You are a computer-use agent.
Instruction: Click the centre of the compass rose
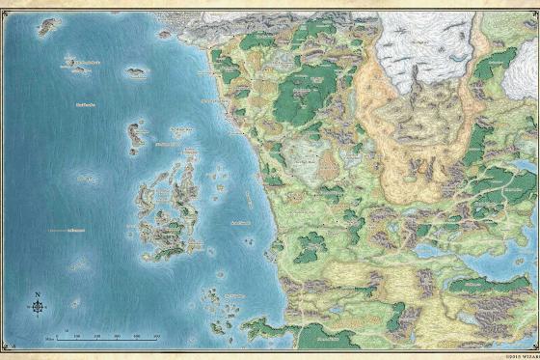pyautogui.click(x=37, y=308)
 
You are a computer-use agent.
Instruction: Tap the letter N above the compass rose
pyautogui.click(x=37, y=293)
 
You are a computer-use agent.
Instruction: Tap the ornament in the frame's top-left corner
pyautogui.click(x=5, y=5)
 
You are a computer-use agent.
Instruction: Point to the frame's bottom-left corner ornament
pyautogui.click(x=5, y=355)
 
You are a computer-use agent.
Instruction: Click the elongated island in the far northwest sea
pyautogui.click(x=48, y=25)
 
